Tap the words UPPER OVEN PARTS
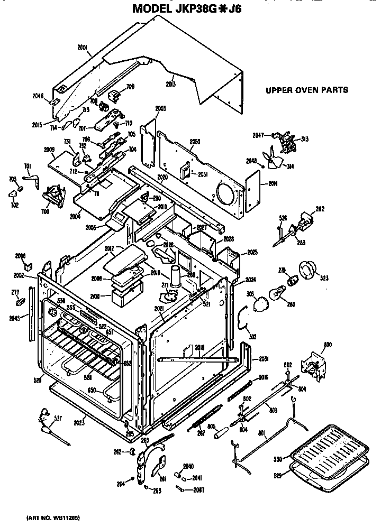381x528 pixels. [x=306, y=90]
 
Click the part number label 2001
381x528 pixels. [x=82, y=47]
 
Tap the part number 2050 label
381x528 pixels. [x=194, y=142]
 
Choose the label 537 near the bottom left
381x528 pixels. [x=57, y=419]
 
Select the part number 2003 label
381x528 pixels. [x=160, y=109]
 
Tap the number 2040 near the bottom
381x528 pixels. [x=188, y=466]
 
